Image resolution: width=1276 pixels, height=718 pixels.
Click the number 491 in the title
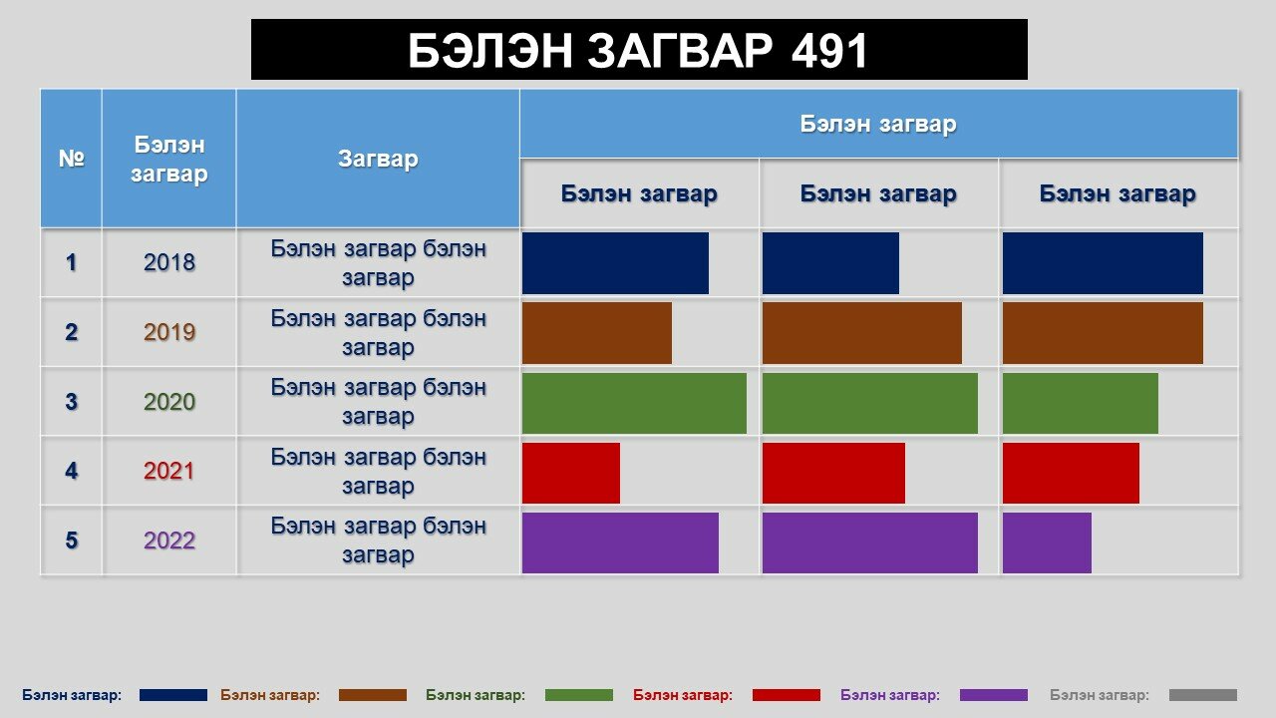[x=828, y=50]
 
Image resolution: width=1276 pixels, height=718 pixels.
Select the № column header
[x=71, y=159]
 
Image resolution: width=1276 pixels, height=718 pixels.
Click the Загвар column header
[x=378, y=159]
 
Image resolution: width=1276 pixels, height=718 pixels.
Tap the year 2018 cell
[x=169, y=262]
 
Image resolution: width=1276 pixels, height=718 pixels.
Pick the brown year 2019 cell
[x=169, y=332]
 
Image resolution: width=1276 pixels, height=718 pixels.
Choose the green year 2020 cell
[x=169, y=402]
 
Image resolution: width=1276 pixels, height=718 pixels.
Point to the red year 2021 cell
[x=169, y=472]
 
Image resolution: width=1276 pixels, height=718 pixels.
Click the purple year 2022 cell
[x=169, y=540]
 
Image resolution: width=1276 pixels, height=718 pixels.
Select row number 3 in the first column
[x=71, y=402]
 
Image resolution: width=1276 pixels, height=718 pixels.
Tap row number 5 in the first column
[x=71, y=540]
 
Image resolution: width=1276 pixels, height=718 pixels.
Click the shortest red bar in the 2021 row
[x=571, y=473]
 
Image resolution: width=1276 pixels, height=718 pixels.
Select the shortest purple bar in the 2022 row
[x=1047, y=543]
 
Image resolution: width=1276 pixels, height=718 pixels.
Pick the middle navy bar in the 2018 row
[x=830, y=263]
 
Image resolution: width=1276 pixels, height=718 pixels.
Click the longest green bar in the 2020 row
[x=634, y=404]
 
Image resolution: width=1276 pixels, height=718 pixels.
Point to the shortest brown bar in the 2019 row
[x=597, y=333]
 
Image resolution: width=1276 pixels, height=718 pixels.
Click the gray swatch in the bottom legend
[x=1203, y=695]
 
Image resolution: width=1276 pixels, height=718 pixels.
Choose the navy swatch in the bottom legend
[x=173, y=695]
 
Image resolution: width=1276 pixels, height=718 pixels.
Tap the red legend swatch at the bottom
[x=787, y=695]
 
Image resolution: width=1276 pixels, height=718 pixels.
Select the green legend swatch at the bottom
[x=579, y=695]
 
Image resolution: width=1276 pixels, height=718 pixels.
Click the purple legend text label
[x=890, y=695]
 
